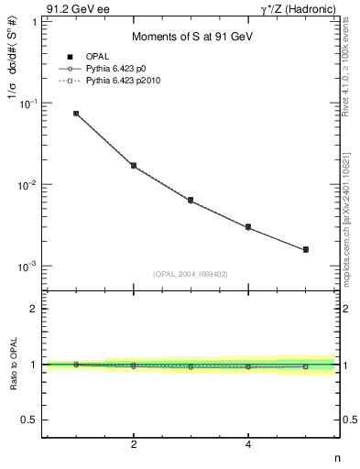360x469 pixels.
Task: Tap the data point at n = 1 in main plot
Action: [76, 114]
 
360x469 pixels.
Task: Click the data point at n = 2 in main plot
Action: [134, 166]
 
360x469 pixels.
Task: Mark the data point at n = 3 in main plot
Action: [191, 200]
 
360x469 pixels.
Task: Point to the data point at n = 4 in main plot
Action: [248, 226]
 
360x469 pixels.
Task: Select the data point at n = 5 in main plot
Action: [306, 249]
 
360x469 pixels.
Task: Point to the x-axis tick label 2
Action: [134, 444]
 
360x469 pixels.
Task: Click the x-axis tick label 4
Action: [248, 444]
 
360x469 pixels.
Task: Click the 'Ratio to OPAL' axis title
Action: [12, 365]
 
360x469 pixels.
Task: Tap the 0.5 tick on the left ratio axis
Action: [32, 420]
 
